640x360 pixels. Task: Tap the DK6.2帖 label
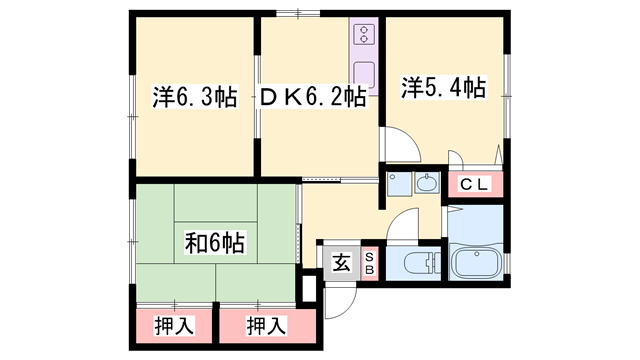(313, 97)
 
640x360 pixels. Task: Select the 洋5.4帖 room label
(445, 88)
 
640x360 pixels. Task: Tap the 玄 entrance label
(341, 264)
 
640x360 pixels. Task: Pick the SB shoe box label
(368, 264)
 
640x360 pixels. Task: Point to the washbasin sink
(427, 184)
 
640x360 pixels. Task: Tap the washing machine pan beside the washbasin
(397, 184)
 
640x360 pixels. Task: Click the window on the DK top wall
(292, 14)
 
